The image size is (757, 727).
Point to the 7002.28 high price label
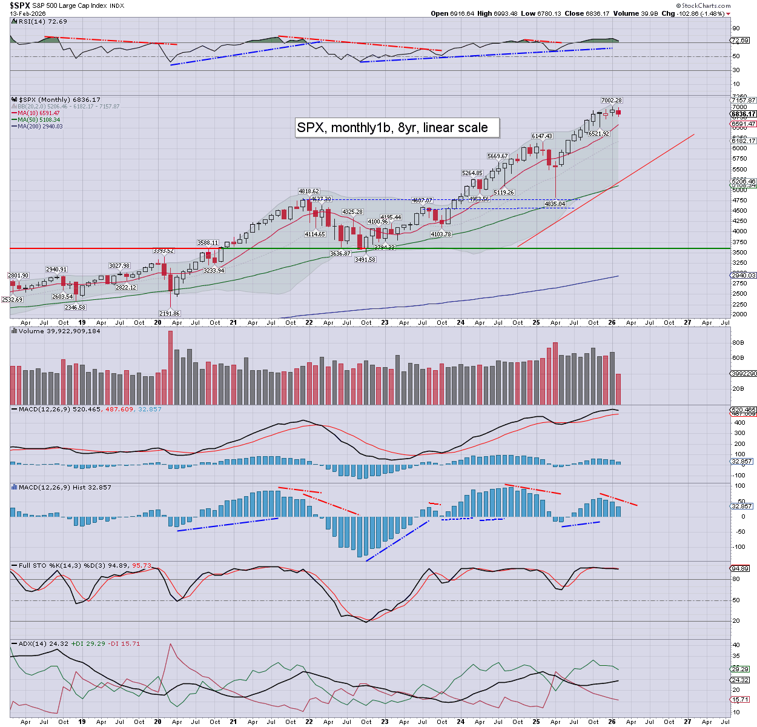[x=611, y=101]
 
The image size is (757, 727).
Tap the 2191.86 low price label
[x=169, y=314]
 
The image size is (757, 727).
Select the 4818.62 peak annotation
[x=308, y=191]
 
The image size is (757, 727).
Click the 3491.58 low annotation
[x=365, y=259]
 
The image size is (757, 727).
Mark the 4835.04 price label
[x=555, y=204]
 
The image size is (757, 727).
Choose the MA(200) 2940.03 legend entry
[x=40, y=126]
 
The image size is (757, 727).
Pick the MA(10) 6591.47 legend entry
[x=38, y=113]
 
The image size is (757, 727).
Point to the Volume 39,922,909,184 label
[x=59, y=331]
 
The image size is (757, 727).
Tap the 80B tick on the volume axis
[x=738, y=343]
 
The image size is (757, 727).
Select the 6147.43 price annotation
[x=541, y=136]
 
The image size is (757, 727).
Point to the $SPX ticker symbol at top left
[x=20, y=5]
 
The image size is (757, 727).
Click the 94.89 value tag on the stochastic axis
[x=740, y=569]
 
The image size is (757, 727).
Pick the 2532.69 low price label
[x=12, y=300]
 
